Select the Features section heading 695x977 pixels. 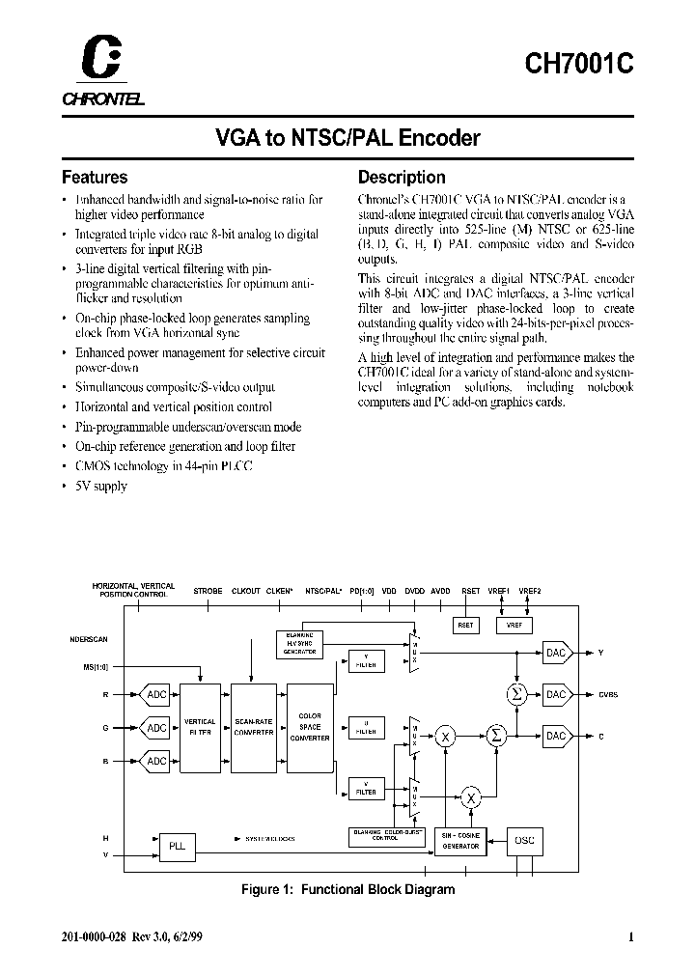[95, 178]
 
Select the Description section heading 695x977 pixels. [402, 178]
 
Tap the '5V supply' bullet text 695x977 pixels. [100, 486]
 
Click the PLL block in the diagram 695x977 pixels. [176, 847]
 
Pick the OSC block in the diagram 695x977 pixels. [524, 840]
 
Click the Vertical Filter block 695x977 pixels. [200, 727]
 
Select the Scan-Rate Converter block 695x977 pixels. [255, 727]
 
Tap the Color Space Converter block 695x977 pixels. [310, 727]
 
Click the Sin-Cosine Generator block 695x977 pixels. [460, 840]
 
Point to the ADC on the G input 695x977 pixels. [155, 728]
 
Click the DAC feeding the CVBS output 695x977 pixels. [556, 694]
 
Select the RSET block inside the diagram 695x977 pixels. [466, 625]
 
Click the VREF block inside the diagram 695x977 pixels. [513, 625]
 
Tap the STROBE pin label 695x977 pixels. [208, 590]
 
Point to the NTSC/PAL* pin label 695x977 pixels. [323, 590]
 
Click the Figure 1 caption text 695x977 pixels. [347, 889]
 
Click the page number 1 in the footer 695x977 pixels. [630, 936]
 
